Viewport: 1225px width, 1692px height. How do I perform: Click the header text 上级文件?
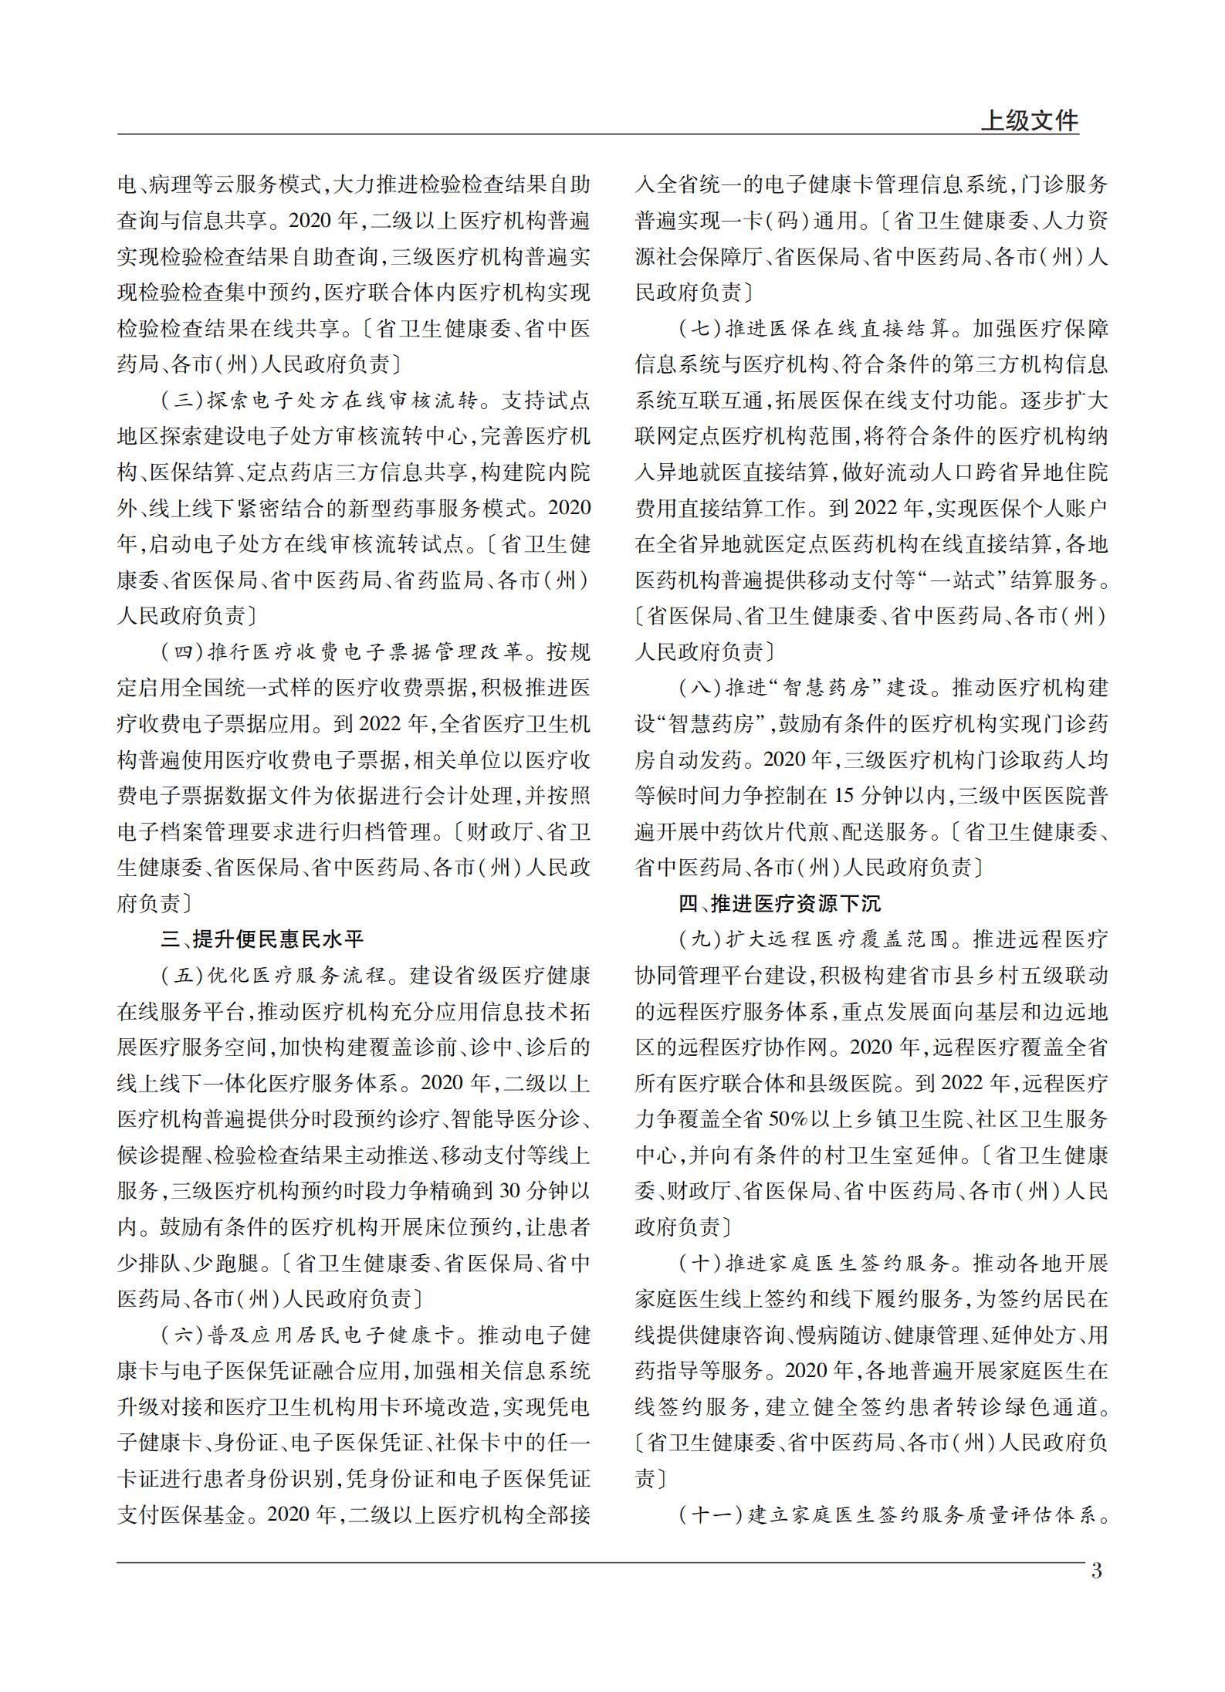[x=1029, y=121]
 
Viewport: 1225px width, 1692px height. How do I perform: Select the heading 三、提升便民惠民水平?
[x=262, y=939]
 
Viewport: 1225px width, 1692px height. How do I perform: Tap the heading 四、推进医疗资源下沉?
[x=780, y=903]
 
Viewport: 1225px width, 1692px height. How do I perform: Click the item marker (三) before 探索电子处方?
[x=181, y=401]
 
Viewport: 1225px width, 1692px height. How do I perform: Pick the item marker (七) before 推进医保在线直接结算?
[x=699, y=329]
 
